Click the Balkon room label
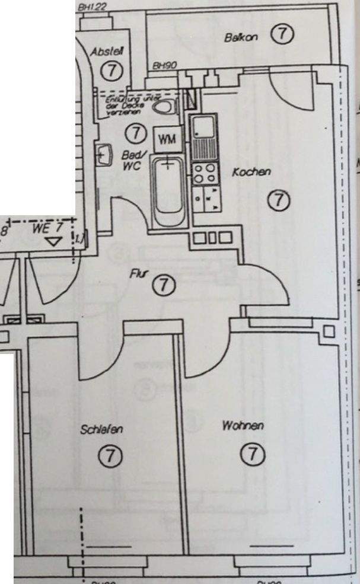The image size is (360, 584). click(x=240, y=37)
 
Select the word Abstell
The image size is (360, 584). click(x=104, y=52)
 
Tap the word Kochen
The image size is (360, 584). click(x=251, y=173)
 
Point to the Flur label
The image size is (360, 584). click(x=139, y=275)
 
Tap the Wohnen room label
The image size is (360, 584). click(x=243, y=426)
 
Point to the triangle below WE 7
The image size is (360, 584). click(x=55, y=241)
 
